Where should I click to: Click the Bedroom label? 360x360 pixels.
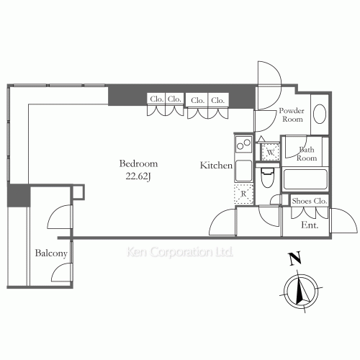[x=138, y=163]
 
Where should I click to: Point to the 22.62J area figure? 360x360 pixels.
[x=138, y=176]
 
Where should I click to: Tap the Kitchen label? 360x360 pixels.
[x=216, y=165]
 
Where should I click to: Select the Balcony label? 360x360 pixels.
[x=51, y=253]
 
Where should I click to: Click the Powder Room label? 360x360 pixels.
[x=292, y=114]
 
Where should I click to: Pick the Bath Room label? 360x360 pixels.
[x=307, y=154]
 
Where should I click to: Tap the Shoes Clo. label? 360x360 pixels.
[x=310, y=201]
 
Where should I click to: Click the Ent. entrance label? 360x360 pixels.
[x=310, y=225]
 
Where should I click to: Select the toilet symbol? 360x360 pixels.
[x=267, y=177]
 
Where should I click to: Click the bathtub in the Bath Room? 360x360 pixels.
[x=305, y=179]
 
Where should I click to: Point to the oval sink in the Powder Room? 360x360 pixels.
[x=320, y=114]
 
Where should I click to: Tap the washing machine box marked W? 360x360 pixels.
[x=271, y=152]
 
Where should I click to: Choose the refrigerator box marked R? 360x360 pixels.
[x=244, y=194]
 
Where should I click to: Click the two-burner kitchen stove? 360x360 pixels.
[x=243, y=144]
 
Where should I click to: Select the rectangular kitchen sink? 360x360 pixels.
[x=243, y=171]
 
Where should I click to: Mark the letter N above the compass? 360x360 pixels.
[x=295, y=258]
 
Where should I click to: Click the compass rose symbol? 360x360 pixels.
[x=301, y=291]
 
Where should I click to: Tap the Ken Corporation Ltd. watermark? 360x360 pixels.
[x=179, y=252]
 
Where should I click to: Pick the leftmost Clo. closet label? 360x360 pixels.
[x=156, y=99]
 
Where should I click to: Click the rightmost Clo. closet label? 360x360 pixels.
[x=218, y=100]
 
